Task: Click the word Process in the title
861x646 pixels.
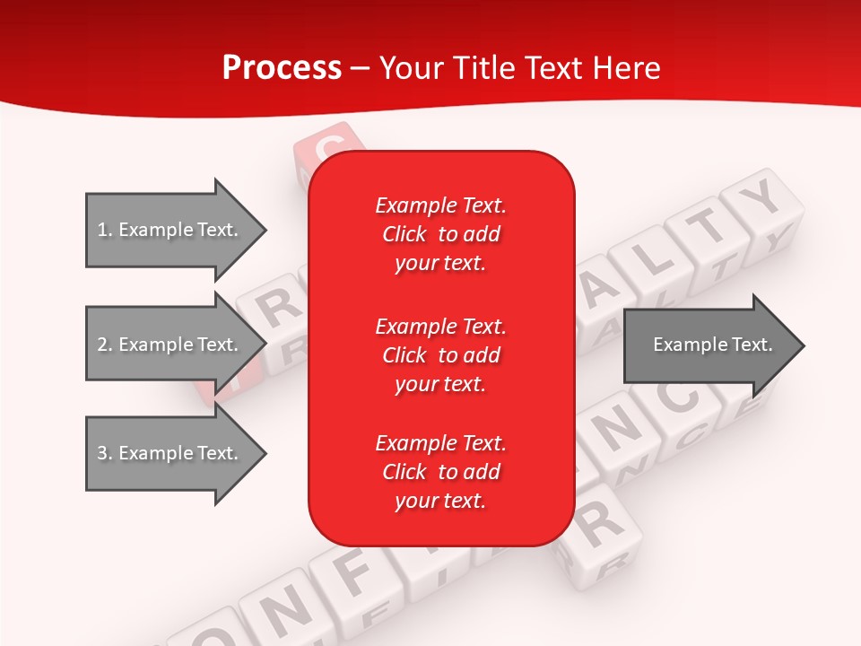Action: [282, 68]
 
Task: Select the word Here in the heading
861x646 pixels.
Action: [624, 68]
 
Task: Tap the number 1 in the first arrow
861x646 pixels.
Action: [101, 230]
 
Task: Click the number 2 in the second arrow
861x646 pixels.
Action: [101, 345]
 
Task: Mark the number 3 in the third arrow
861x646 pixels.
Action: [101, 453]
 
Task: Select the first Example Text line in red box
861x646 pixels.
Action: [440, 205]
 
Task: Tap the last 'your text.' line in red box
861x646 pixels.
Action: [440, 501]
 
